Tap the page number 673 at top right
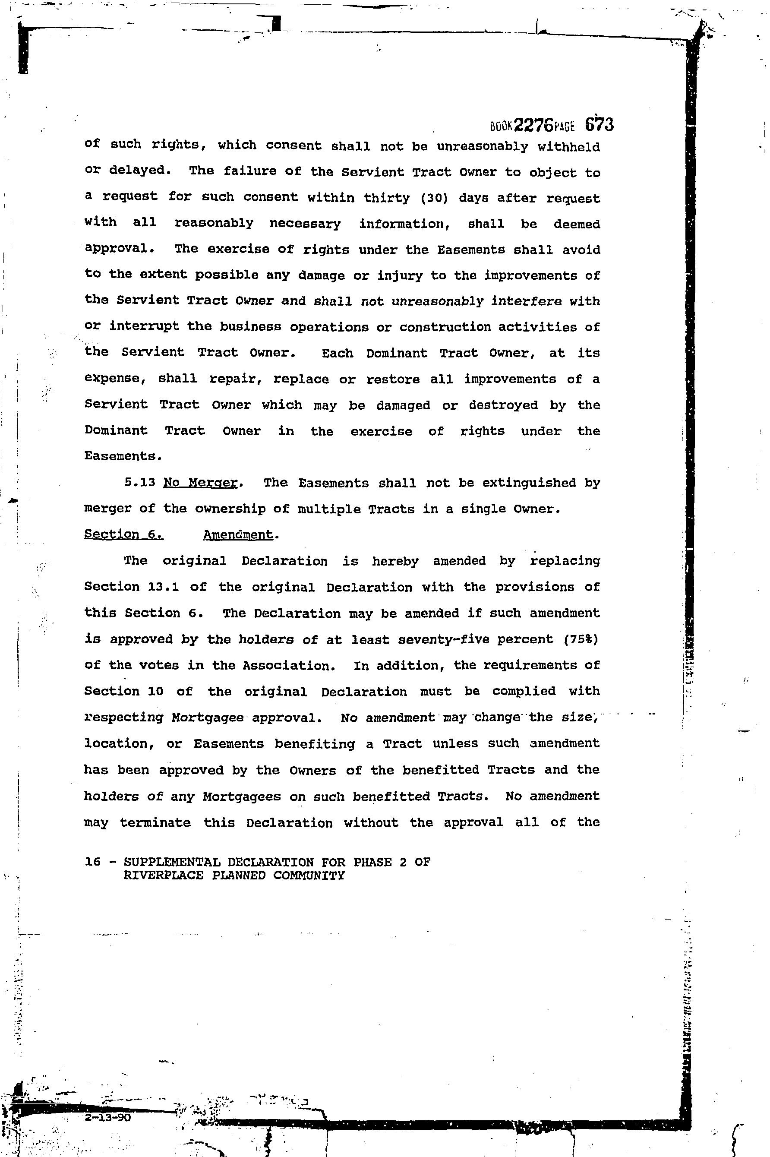[599, 125]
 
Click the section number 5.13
[140, 482]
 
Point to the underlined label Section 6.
[123, 534]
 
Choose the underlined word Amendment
[238, 534]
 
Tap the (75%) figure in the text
[582, 639]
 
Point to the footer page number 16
[92, 862]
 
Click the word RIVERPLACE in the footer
[163, 875]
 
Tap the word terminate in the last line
[155, 822]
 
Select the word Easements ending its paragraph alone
[122, 456]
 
